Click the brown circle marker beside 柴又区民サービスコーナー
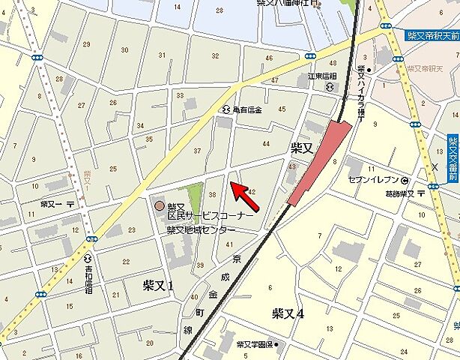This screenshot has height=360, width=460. point(158,205)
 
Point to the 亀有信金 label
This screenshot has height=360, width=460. point(247,109)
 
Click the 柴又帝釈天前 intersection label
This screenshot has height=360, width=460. point(432,34)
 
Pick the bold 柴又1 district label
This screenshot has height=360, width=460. point(158,285)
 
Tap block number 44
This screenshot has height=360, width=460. point(265,143)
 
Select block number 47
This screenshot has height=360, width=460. point(274,80)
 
